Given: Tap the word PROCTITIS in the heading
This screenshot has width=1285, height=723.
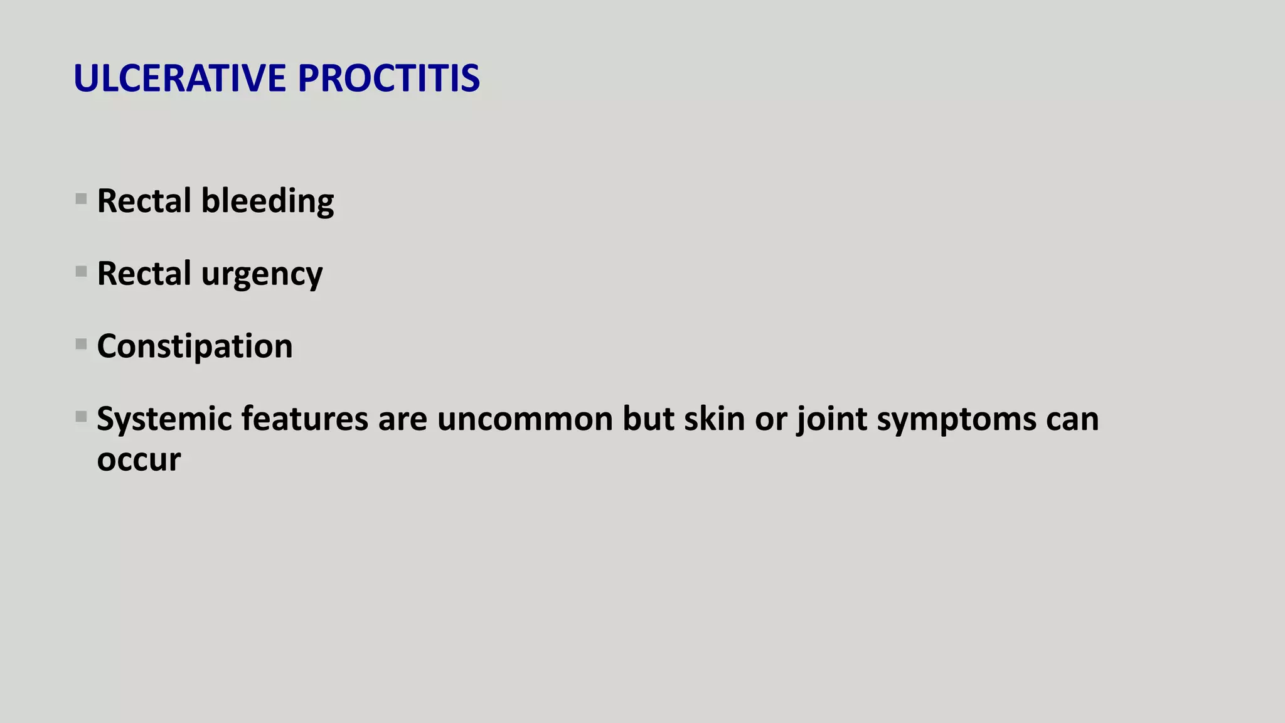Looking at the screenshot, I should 388,78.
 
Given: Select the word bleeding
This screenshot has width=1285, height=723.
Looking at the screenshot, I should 267,202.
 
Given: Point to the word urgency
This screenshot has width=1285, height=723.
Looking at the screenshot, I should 262,275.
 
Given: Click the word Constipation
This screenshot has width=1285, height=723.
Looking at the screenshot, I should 195,346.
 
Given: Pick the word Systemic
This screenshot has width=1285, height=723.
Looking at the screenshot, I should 164,419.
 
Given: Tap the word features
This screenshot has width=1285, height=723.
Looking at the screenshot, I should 304,419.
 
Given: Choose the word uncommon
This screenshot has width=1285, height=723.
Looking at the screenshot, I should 525,419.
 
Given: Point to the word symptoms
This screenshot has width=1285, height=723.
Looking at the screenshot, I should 956,420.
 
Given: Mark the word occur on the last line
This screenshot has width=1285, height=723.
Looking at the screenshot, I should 139,459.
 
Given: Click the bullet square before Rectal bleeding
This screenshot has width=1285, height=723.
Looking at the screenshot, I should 81,200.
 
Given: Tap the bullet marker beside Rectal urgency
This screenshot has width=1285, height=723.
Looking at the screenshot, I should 81,272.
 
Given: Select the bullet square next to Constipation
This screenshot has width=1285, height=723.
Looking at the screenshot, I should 81,345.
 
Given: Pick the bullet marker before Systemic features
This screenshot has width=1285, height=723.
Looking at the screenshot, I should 81,417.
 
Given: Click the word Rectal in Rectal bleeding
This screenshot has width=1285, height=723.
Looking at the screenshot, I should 144,201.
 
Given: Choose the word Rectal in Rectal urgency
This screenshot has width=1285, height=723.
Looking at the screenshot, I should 144,274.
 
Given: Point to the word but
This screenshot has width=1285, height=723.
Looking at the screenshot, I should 648,419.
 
